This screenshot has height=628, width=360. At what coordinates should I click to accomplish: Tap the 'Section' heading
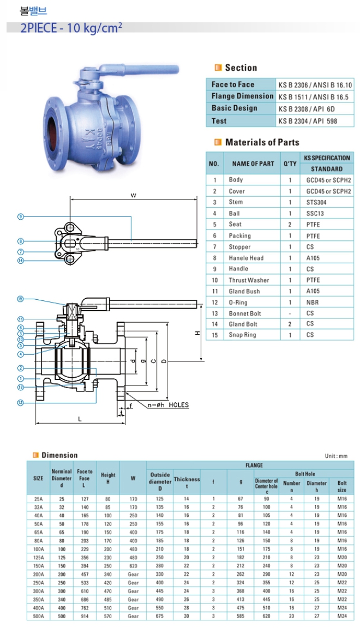click(241, 68)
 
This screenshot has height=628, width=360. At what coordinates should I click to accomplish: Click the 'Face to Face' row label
click(233, 84)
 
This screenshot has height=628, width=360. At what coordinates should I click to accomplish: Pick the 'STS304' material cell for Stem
click(317, 202)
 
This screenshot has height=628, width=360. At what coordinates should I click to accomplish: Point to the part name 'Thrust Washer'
click(249, 280)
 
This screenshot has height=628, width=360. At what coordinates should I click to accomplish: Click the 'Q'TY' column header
click(290, 164)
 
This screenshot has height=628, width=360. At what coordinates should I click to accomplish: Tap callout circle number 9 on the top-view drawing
click(20, 216)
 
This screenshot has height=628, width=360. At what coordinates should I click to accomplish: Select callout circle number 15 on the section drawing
click(20, 299)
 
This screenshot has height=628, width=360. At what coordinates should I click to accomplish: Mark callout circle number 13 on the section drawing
click(20, 402)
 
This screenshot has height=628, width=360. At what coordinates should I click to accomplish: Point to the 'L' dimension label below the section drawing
click(80, 419)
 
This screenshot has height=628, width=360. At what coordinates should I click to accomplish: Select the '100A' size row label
click(38, 549)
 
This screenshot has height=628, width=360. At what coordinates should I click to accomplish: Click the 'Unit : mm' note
click(336, 456)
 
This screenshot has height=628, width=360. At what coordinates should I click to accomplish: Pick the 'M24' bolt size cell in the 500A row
click(341, 616)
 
